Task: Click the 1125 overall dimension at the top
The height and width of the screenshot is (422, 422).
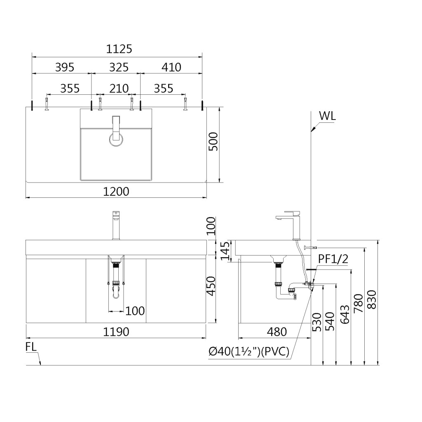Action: coord(119,49)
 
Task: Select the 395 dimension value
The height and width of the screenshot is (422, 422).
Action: coord(65,67)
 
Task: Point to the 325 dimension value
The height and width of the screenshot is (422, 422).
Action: coord(118,67)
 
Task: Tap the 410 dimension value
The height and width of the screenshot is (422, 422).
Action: coord(171,67)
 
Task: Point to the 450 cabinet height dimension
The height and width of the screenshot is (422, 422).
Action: coord(211,286)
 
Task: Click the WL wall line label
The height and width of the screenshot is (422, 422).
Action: coord(327,116)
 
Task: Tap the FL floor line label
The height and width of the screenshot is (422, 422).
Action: coord(31,347)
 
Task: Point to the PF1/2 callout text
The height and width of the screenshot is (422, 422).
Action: coord(333,259)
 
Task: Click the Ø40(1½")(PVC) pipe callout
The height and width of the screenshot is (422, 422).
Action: coord(249,352)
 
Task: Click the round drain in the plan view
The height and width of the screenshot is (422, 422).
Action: coord(115,139)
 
